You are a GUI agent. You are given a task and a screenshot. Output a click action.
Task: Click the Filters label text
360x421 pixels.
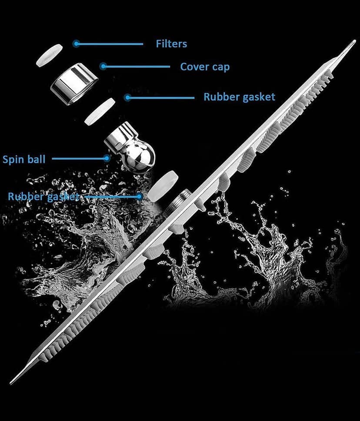pyautogui.click(x=171, y=44)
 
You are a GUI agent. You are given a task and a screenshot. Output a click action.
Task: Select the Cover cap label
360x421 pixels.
pyautogui.click(x=205, y=67)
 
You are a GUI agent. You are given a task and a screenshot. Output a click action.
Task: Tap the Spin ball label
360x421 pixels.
pyautogui.click(x=24, y=159)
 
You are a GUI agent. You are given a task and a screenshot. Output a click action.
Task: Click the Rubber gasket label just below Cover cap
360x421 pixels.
pyautogui.click(x=240, y=97)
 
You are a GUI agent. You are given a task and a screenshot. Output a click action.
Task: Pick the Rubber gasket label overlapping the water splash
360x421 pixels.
pyautogui.click(x=43, y=196)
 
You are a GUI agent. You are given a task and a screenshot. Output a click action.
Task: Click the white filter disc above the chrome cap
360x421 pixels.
pyautogui.click(x=50, y=56)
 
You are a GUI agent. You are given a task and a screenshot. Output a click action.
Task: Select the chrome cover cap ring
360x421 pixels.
pyautogui.click(x=74, y=84)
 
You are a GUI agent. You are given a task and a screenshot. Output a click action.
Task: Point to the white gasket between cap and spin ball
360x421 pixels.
pyautogui.click(x=100, y=112)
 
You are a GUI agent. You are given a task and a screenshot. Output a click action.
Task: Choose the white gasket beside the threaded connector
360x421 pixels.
pyautogui.click(x=163, y=186)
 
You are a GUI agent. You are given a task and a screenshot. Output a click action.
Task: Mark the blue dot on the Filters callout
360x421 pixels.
pyautogui.click(x=77, y=43)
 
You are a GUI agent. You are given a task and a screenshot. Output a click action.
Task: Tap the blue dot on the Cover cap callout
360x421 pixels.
pyautogui.click(x=103, y=66)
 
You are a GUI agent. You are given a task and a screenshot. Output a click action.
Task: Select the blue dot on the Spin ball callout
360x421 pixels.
pyautogui.click(x=107, y=159)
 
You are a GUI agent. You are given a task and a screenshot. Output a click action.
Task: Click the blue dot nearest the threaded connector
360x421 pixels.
pyautogui.click(x=140, y=196)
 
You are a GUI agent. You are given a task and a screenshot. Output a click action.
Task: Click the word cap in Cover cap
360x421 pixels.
pyautogui.click(x=220, y=67)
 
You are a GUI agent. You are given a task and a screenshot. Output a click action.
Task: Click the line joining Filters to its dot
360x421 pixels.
pyautogui.click(x=110, y=44)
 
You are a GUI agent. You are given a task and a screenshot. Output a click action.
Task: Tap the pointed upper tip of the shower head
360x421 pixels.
pyautogui.click(x=355, y=41)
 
